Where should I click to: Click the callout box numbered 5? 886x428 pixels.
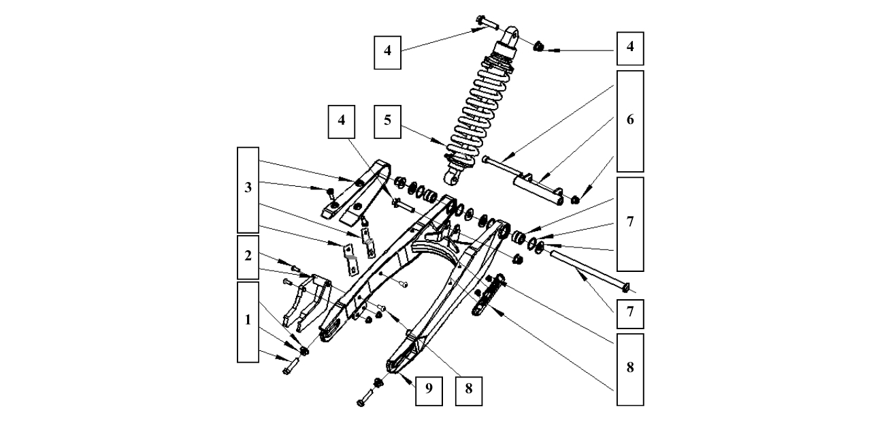tap(387, 121)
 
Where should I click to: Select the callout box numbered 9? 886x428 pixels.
tap(429, 388)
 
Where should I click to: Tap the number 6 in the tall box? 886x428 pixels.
tap(629, 121)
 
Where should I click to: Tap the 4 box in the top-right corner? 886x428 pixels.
tap(629, 48)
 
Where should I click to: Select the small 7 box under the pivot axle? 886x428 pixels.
tap(629, 313)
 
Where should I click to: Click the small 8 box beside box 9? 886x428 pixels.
tap(468, 388)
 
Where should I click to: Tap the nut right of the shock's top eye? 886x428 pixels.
tap(538, 47)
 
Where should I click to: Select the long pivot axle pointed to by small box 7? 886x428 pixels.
tap(589, 269)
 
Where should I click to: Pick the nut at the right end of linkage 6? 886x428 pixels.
tap(574, 200)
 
